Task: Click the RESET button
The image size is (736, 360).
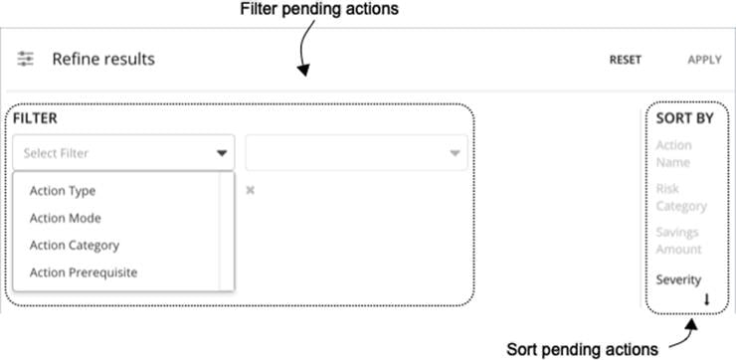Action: point(626,60)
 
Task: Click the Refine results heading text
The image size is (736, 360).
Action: point(103,60)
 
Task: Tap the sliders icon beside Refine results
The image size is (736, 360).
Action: point(26,60)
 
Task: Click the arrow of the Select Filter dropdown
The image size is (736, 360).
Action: point(221,154)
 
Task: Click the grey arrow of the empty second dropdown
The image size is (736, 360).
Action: point(454,154)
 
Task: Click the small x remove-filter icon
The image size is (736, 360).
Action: point(250,190)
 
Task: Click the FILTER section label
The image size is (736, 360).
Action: point(35,117)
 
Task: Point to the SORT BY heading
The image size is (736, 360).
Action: point(684,117)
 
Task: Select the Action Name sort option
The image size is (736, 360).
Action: point(673,153)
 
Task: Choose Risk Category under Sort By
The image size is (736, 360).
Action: point(680,197)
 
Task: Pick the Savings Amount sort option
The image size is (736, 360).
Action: point(678,240)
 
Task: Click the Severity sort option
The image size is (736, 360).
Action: point(678,279)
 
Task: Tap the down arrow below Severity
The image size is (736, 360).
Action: point(707,299)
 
